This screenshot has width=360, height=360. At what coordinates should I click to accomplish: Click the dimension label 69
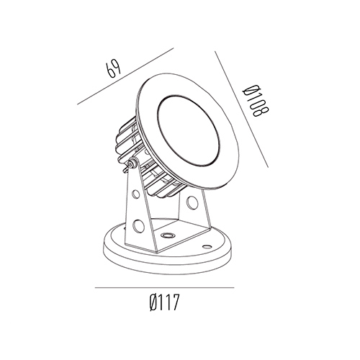pyautogui.click(x=114, y=68)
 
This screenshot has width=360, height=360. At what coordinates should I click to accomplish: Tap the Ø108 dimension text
pyautogui.click(x=256, y=101)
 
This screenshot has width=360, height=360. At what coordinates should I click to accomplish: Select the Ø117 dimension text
pyautogui.click(x=164, y=302)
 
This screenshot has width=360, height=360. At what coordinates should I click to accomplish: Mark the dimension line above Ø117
pyautogui.click(x=165, y=287)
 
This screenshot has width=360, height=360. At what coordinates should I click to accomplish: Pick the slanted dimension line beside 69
pyautogui.click(x=125, y=76)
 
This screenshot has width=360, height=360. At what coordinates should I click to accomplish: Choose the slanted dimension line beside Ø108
pyautogui.click(x=241, y=109)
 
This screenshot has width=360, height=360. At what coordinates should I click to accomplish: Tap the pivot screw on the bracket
pyautogui.click(x=131, y=164)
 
